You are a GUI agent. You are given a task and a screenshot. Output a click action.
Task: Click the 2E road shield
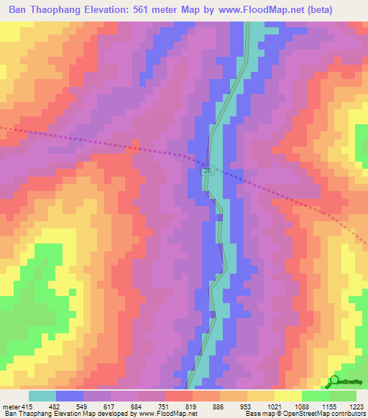pos(207,172)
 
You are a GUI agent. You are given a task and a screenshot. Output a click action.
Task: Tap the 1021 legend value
pos(275,406)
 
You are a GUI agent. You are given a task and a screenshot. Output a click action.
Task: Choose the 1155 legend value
pos(330,406)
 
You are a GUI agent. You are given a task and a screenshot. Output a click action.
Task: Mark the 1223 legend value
pos(356,406)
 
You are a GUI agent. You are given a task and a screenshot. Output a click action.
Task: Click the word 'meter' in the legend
pos(10,406)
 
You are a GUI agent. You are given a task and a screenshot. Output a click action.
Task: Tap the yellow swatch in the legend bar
pos(287,396)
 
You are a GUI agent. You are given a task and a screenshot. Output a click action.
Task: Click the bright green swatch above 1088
pos(315,396)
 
